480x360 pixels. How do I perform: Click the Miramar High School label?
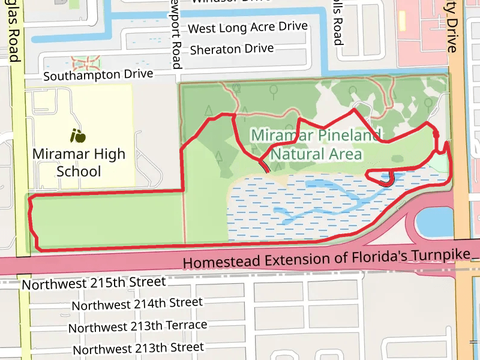(79, 163)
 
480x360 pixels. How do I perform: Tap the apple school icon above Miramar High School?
(77, 136)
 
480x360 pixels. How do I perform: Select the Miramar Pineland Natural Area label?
(316, 145)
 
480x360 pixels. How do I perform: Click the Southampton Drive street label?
(98, 76)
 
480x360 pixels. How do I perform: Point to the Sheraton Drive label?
(232, 49)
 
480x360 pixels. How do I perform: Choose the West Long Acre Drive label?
(247, 28)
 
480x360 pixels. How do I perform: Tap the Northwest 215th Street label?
(94, 283)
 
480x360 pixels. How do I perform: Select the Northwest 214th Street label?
(137, 304)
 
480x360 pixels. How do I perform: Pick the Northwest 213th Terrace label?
(137, 326)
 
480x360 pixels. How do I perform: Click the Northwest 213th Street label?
(137, 348)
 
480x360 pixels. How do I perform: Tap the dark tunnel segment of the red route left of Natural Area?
(264, 166)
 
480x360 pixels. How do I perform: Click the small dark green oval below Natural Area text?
(398, 159)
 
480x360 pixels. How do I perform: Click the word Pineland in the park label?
(347, 135)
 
